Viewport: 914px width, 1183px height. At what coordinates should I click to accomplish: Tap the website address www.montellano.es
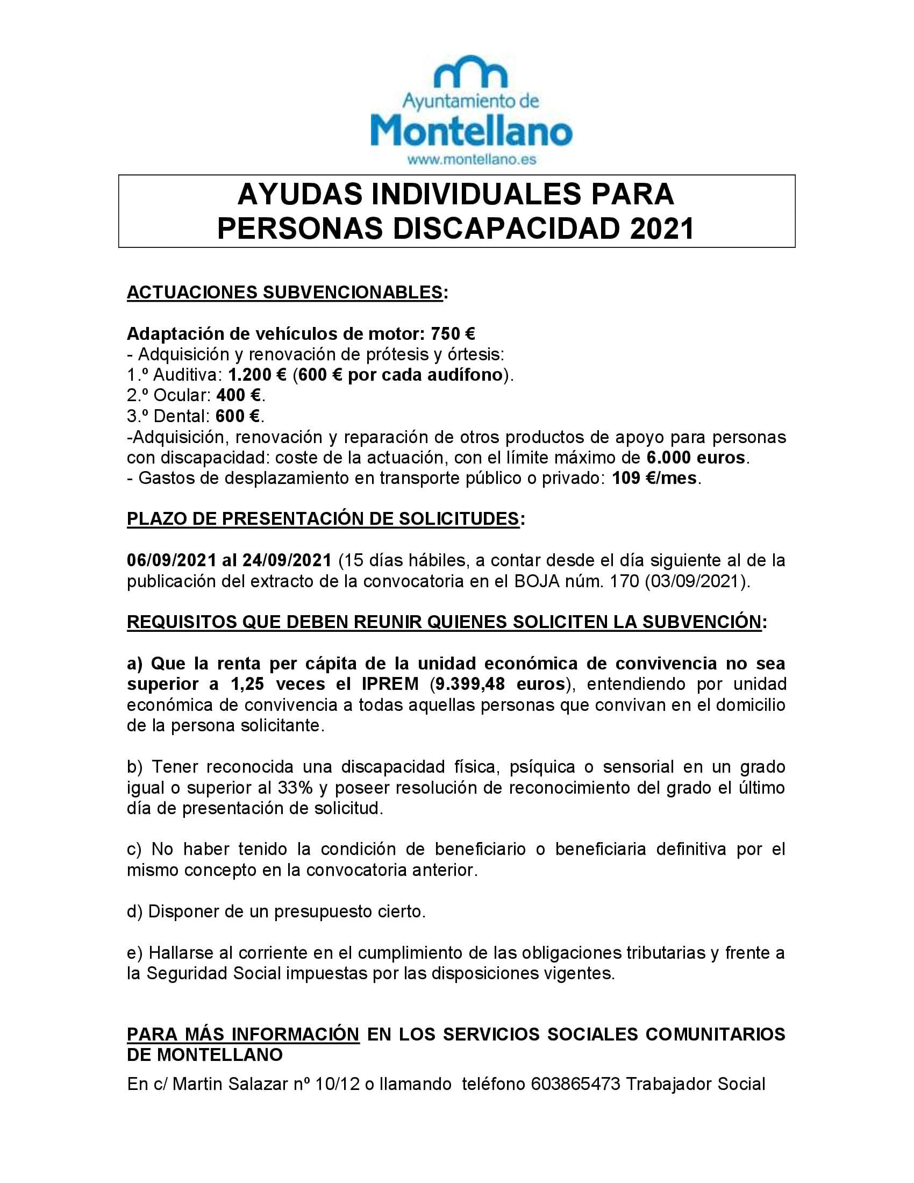click(471, 159)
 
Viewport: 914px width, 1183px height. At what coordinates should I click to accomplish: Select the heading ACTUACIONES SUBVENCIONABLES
click(285, 292)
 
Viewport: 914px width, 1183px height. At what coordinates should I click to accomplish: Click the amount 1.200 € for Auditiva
click(257, 375)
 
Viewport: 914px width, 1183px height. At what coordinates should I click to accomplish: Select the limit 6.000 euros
click(695, 458)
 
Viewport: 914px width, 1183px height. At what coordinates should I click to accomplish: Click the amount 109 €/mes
click(654, 479)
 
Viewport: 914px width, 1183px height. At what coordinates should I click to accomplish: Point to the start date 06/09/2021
click(172, 560)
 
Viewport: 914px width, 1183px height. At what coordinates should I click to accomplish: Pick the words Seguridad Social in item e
click(213, 973)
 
